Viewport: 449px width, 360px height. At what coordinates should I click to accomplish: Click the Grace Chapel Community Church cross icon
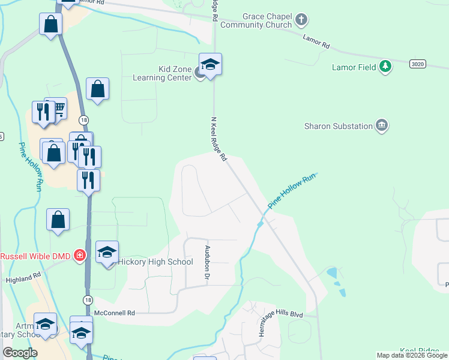[x=301, y=20]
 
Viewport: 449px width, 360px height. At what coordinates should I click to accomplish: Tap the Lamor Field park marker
[x=385, y=67]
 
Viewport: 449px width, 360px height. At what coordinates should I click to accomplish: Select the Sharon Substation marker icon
[x=382, y=125]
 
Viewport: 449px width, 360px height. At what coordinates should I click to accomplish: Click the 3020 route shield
[x=418, y=64]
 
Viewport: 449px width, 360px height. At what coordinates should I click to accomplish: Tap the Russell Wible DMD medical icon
[x=79, y=256]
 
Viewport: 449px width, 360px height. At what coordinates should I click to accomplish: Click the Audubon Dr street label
[x=206, y=263]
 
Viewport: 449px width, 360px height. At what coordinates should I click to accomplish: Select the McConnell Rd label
[x=115, y=313]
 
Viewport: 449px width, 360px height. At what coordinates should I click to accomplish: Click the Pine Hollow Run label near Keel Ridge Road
[x=291, y=191]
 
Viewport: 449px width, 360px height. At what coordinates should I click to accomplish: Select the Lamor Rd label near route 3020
[x=316, y=42]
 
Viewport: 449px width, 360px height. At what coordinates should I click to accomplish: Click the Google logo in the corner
[x=20, y=353]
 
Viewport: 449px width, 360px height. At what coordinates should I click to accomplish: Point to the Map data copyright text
[x=412, y=355]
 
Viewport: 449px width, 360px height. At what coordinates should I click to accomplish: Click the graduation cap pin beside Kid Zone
[x=211, y=65]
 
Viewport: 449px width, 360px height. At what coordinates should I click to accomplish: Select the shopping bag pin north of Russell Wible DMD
[x=58, y=220]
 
